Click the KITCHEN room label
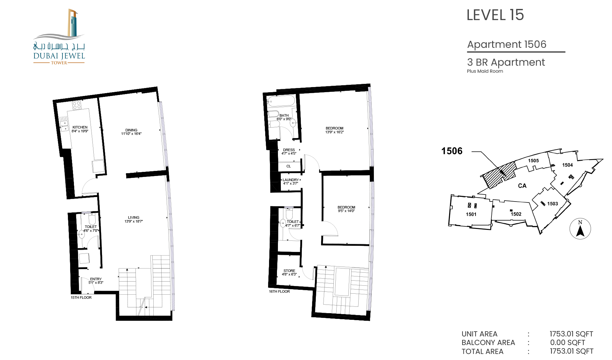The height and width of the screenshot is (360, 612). (80, 127)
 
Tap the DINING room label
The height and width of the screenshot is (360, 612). (131, 130)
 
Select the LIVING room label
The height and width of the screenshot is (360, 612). (134, 217)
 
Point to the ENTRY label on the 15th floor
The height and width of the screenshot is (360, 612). (96, 279)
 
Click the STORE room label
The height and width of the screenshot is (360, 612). (289, 271)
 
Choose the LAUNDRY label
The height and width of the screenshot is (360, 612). (291, 180)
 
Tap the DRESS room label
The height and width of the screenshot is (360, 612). (289, 150)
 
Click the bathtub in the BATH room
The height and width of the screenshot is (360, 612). (281, 101)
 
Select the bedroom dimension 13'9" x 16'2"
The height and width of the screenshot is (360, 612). (334, 132)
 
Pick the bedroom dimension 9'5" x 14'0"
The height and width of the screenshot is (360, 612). (346, 211)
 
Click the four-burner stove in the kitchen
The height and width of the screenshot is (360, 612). (77, 105)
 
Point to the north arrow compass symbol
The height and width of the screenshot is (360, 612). (580, 229)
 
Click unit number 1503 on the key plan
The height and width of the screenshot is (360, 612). (552, 204)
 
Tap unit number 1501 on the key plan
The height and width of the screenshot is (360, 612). (471, 214)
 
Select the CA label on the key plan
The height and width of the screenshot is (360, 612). (522, 186)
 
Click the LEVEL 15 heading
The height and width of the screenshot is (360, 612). (495, 15)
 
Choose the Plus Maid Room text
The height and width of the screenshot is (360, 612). (485, 71)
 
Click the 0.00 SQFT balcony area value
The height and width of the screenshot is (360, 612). (567, 342)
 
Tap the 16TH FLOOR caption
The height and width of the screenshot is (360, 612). (279, 291)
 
